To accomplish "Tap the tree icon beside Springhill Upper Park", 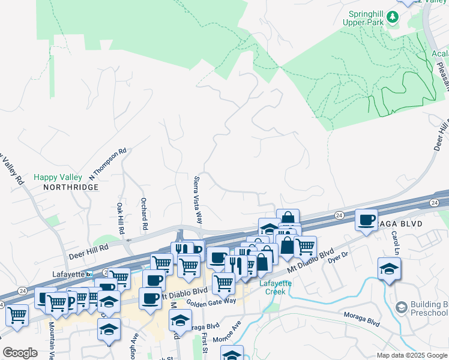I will pos(393,17).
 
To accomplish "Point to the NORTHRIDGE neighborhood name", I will pos(70,187).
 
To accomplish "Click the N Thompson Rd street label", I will pos(108,164).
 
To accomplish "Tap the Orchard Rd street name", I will pos(144,214).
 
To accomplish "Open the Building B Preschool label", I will pos(429,308).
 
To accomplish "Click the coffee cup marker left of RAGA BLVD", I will pos(366,220).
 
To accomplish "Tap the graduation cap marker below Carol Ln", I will pos(390,268).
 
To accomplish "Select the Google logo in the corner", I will pos(20,353).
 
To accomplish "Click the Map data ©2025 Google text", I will pos(411,355).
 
